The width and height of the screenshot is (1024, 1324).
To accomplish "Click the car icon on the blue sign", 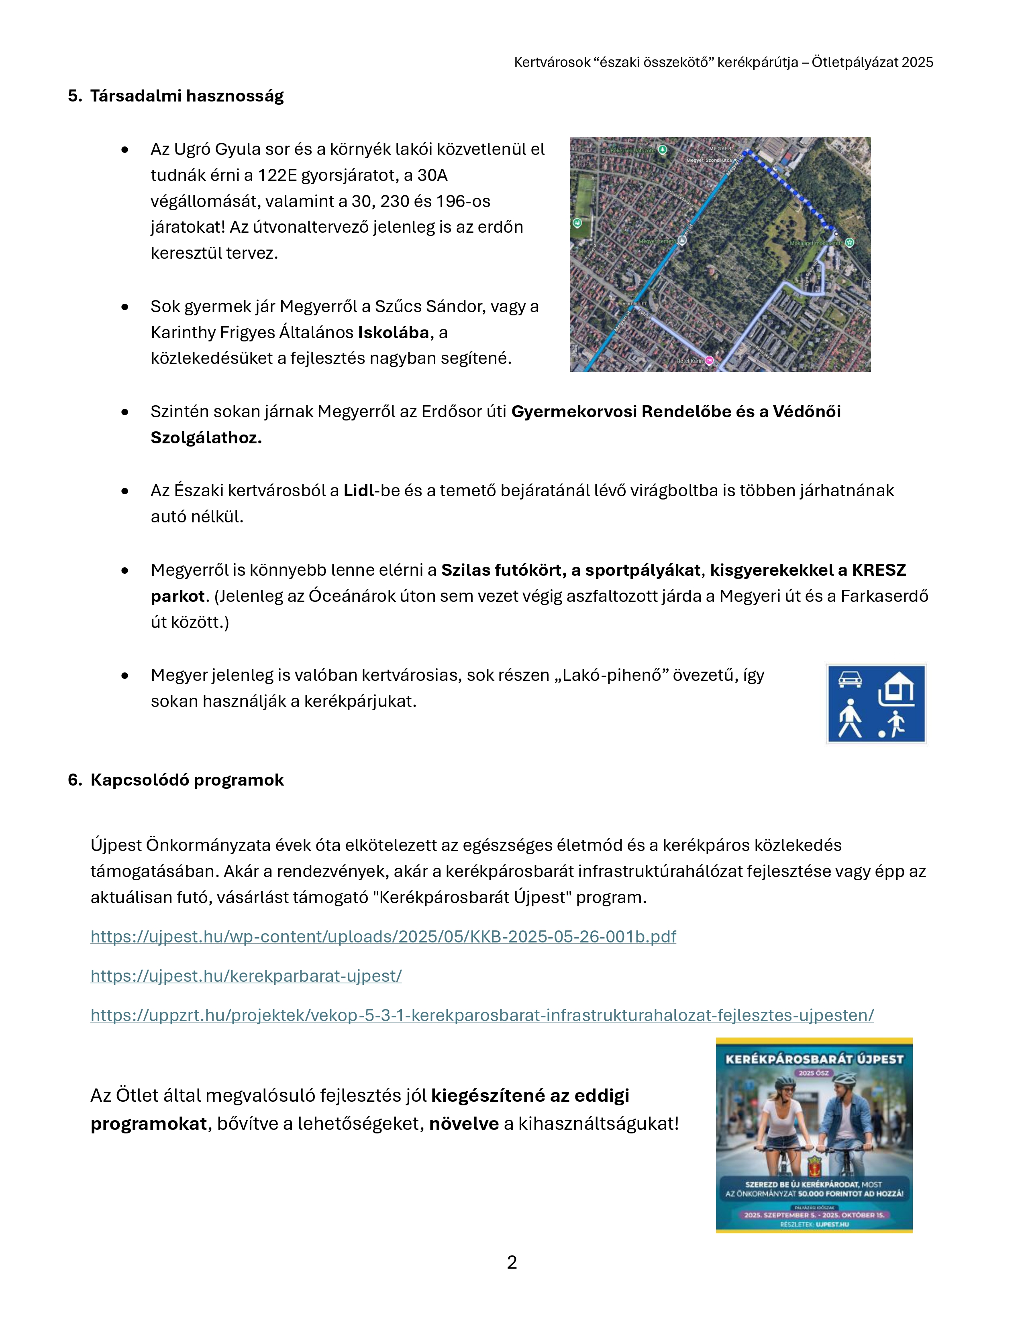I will (x=850, y=680).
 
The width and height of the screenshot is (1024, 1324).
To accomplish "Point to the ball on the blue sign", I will (x=881, y=734).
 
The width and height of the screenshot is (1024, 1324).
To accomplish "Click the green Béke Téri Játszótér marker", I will (x=663, y=149).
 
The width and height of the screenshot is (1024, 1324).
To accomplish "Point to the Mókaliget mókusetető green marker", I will (x=850, y=242).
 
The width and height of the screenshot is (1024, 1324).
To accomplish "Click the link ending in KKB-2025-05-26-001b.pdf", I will (x=383, y=936).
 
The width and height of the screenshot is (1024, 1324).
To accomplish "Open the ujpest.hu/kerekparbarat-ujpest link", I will (x=246, y=976).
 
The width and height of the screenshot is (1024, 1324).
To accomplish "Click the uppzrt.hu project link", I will (x=481, y=1015).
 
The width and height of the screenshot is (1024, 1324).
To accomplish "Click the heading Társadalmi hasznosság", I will (x=187, y=96).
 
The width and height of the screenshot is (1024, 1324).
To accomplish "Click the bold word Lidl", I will (x=359, y=490).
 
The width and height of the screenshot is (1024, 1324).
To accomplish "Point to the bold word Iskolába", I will (x=394, y=332).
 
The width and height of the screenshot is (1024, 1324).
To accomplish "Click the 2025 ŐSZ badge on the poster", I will (x=814, y=1073).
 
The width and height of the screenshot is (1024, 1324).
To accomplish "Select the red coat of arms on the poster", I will (x=814, y=1166).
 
